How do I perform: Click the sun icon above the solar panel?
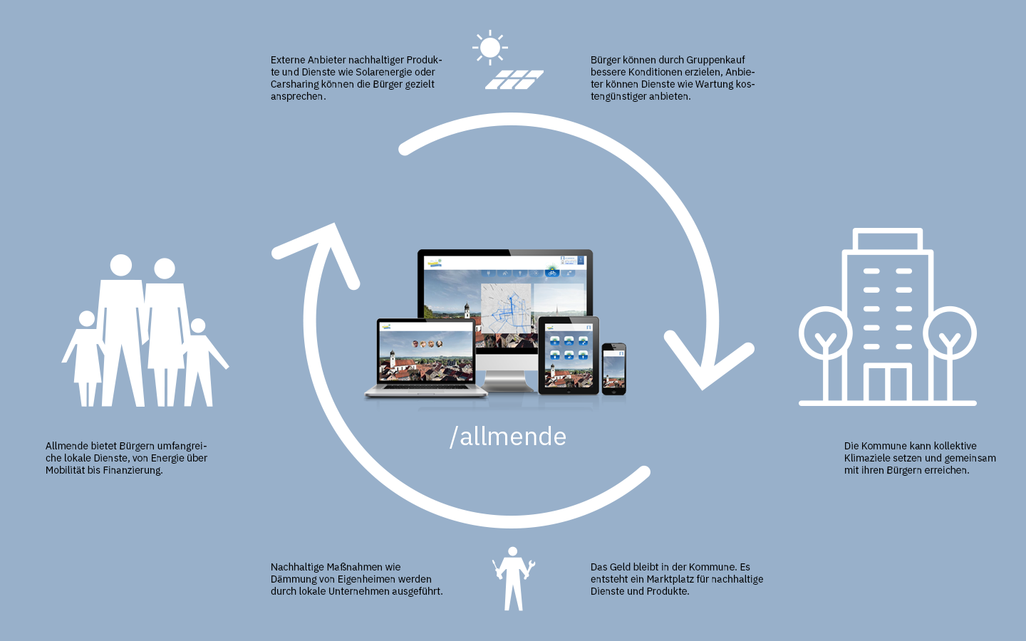pos(489,48)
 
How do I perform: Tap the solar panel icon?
pos(514,80)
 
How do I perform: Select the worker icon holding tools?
pos(513,578)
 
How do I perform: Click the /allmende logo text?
pos(508,437)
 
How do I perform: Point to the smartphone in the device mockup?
pos(613,369)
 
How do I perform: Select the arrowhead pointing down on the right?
pos(705,363)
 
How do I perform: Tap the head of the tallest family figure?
pos(121,265)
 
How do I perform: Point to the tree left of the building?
pos(825,335)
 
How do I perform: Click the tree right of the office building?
pos(950,335)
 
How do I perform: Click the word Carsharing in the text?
pos(294,84)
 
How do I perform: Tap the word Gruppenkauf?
pos(715,60)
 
